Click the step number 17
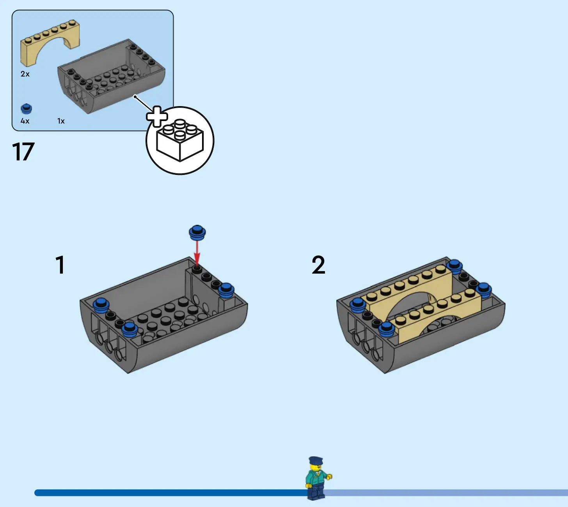point(23,152)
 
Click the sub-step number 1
point(60,265)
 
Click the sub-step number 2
point(318,265)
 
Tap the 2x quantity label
point(25,74)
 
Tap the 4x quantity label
point(25,121)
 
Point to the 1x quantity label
point(61,121)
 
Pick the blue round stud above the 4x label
point(26,109)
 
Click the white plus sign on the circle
point(157,116)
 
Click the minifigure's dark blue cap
point(315,460)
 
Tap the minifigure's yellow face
point(315,467)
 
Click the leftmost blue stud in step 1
point(101,304)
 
